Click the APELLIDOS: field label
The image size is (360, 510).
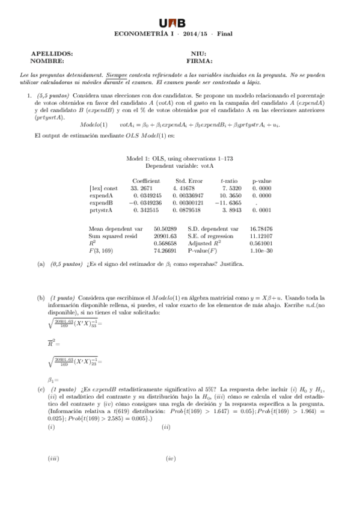click(x=52, y=54)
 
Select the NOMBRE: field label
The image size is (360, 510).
click(x=47, y=61)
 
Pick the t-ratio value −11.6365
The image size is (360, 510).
click(x=230, y=203)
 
